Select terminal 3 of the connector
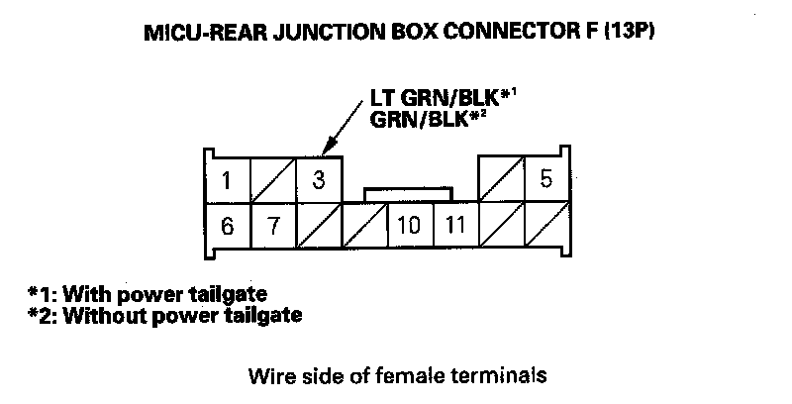point(319,180)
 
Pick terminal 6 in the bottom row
point(227,226)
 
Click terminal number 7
point(273,226)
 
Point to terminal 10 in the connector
point(409,226)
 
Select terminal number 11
point(454,226)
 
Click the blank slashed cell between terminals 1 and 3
point(273,180)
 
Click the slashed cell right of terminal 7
point(319,226)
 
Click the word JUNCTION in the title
point(337,33)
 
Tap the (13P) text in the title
point(630,33)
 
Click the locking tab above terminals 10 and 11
point(409,194)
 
